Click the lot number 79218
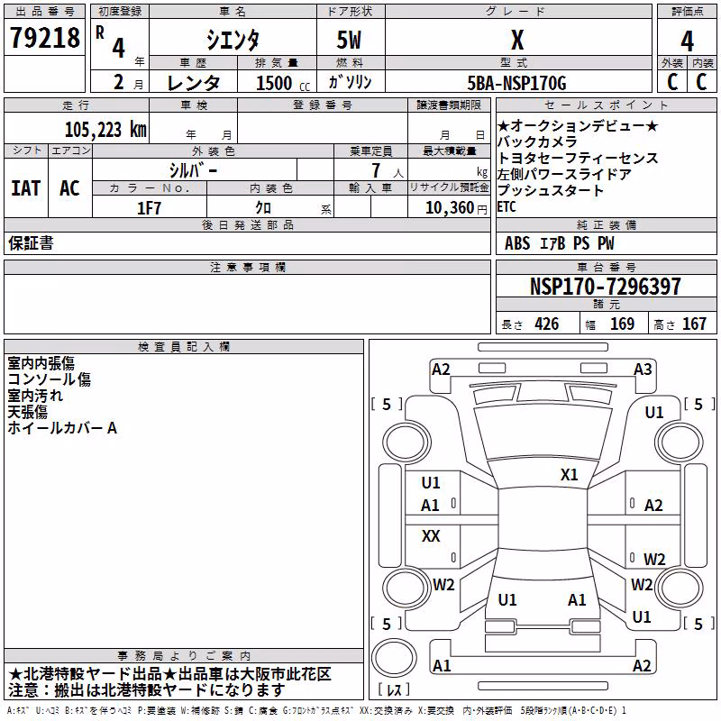coord(45,38)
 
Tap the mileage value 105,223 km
coord(105,130)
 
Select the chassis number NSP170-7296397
coord(605,286)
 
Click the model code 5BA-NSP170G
coord(516,83)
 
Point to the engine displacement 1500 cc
coord(283,83)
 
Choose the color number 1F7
coord(149,208)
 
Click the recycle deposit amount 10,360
coord(449,208)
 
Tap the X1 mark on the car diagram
coord(569,475)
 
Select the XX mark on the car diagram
coord(431,535)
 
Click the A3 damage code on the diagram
coord(643,370)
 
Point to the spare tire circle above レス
coord(394,658)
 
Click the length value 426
coord(547,324)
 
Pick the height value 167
coord(694,324)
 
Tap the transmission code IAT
coord(26,188)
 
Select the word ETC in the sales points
coord(507,207)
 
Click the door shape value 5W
coord(349,40)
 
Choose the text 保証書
coord(31,242)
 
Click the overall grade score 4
coord(687,41)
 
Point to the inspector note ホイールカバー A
coord(62,428)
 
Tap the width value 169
coord(622,324)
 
